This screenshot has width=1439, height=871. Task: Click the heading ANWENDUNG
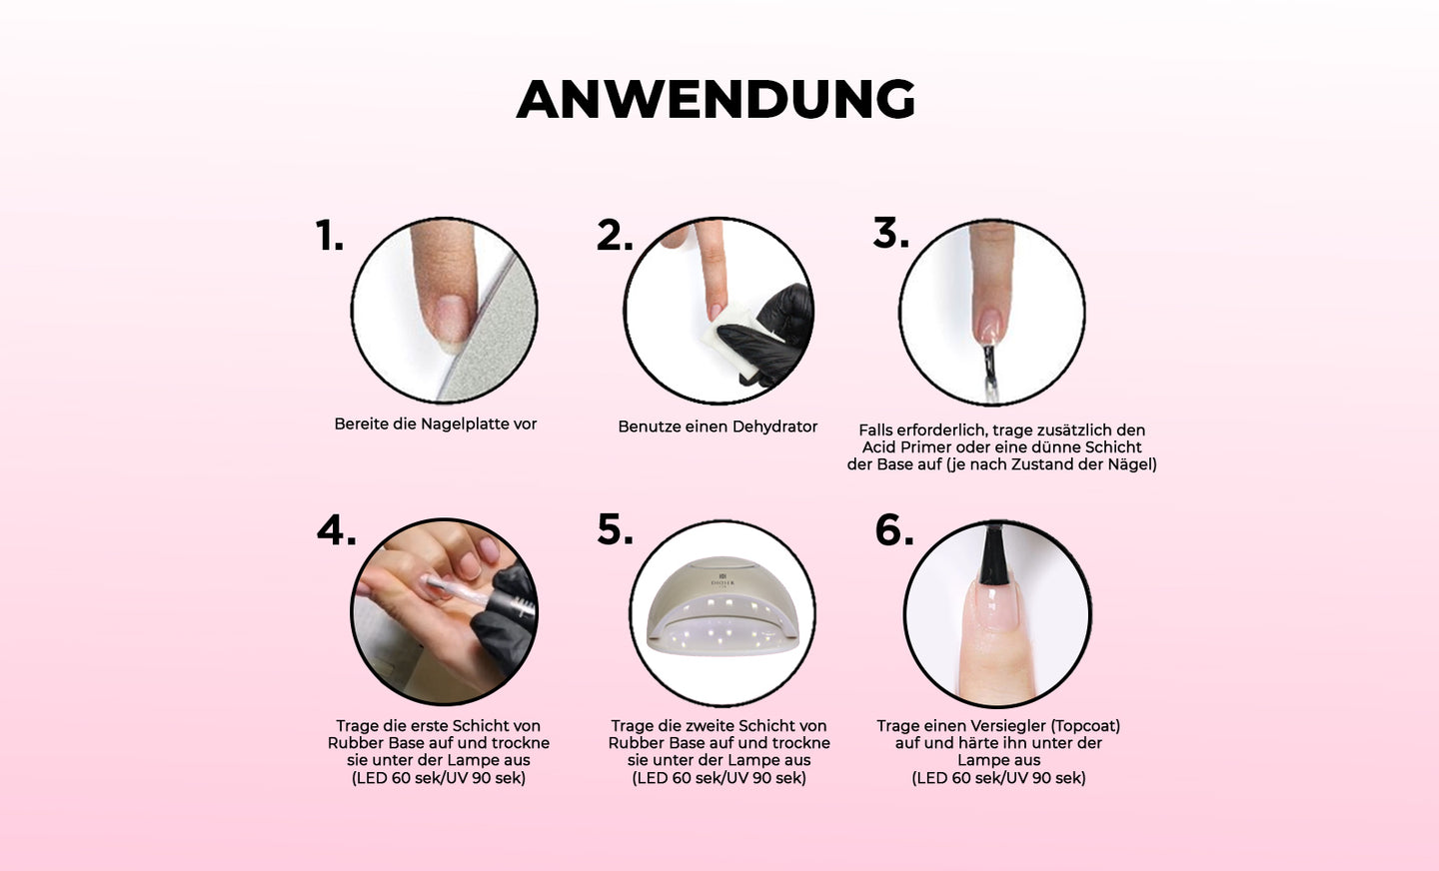(716, 100)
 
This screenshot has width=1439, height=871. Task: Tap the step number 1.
(330, 235)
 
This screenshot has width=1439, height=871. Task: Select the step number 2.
(615, 235)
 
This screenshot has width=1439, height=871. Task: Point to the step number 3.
(891, 233)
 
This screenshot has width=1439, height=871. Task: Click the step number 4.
(337, 531)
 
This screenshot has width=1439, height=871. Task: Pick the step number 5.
(615, 530)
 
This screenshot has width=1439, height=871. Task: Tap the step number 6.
(894, 530)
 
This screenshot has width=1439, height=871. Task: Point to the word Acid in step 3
(878, 447)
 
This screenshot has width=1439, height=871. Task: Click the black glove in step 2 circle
(770, 334)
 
